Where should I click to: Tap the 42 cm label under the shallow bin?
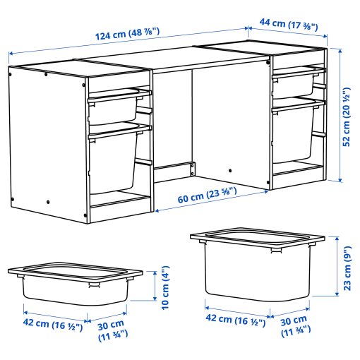(53, 326)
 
